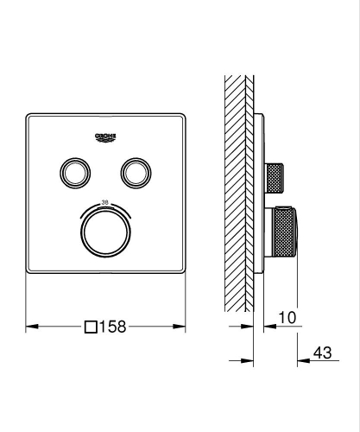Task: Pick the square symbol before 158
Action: coord(91,327)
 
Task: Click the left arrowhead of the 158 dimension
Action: coord(32,327)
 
